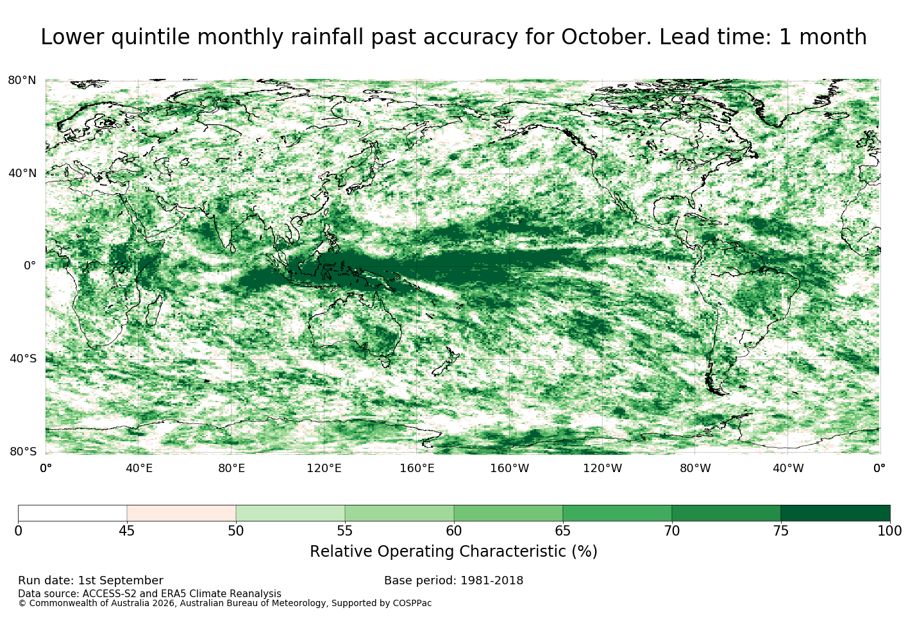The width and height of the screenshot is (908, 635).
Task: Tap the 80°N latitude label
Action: (22, 80)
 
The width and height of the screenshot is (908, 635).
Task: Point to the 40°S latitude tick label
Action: (23, 359)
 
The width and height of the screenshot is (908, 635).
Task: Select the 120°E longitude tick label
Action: (324, 468)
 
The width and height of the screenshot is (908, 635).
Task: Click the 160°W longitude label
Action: (510, 468)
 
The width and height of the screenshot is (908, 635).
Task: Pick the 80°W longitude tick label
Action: (695, 468)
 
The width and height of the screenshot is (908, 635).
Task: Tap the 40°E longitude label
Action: (139, 468)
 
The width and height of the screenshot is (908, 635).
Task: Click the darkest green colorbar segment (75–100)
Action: (835, 513)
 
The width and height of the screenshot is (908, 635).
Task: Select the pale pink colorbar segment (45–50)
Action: (181, 513)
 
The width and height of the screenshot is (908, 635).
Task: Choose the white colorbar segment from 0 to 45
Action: (72, 513)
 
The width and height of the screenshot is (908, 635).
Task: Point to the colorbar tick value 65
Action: (562, 531)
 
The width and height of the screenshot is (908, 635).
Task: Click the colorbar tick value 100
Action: (889, 531)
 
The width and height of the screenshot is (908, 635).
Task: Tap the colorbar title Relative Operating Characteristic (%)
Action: (453, 552)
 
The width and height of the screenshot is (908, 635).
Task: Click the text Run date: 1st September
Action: (91, 580)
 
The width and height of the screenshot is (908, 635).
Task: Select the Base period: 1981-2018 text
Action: (453, 580)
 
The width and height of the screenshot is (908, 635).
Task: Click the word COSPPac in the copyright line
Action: (412, 604)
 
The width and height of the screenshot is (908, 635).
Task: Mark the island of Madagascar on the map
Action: (154, 310)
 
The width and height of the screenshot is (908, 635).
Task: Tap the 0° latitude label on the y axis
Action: (29, 266)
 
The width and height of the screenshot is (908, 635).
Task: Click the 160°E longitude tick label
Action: (417, 468)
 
